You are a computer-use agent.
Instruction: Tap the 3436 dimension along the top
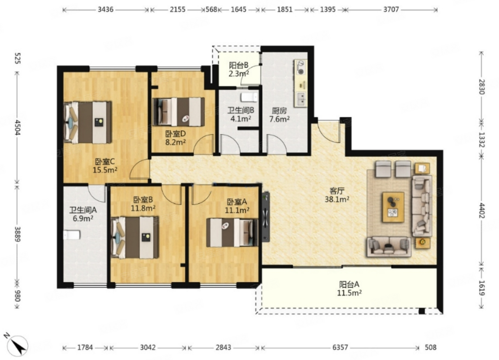point(105,10)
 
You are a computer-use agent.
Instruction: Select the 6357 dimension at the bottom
point(340,347)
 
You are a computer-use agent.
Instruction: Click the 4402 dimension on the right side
point(481,211)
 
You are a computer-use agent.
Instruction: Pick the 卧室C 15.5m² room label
point(105,166)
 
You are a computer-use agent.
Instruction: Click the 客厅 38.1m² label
point(337,195)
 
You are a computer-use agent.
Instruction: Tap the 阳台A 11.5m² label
point(349,288)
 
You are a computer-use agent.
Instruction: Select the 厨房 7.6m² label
point(279,115)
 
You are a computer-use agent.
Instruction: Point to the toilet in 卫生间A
point(72,235)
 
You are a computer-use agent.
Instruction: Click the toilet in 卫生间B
point(249,98)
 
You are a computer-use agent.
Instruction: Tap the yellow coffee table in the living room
point(394,207)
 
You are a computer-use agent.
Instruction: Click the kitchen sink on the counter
point(301,99)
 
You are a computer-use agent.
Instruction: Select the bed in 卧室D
point(179,112)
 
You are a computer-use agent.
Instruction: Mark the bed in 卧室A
point(232,233)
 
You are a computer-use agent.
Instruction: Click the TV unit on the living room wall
point(266,217)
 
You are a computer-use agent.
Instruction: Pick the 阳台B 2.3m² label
point(239,69)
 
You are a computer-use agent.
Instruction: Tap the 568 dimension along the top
point(211,10)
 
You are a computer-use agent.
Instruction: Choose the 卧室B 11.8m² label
point(143,204)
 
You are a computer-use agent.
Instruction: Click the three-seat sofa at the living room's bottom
point(389,247)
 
